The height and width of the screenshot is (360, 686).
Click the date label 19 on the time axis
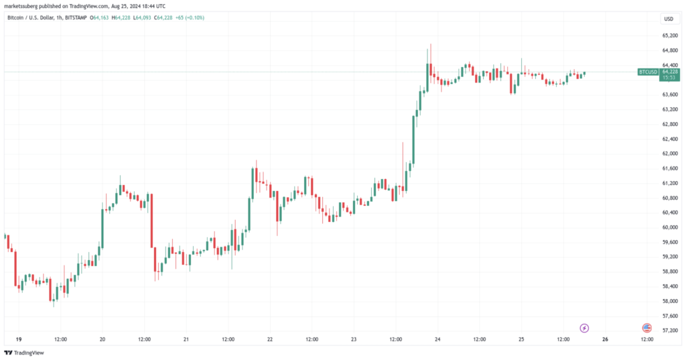pos(18,339)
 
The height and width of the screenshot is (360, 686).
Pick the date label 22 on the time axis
pos(269,339)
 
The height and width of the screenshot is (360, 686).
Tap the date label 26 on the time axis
pos(605,339)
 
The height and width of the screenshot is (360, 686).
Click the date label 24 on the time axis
pos(437,339)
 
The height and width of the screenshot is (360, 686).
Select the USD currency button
pos(668,19)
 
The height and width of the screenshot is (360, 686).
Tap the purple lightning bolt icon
pos(584,328)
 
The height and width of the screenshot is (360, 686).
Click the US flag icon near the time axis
pos(646,328)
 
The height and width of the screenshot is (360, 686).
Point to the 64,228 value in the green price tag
pos(670,71)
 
